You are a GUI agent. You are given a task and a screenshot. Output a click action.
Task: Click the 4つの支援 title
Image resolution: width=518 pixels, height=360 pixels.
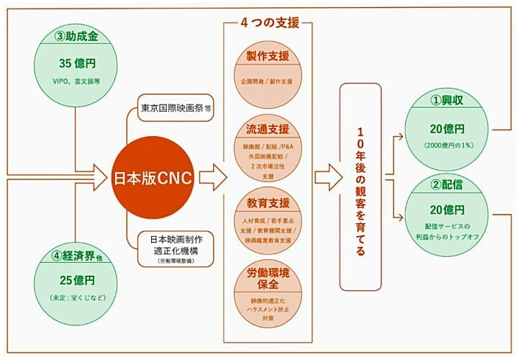pos(268,22)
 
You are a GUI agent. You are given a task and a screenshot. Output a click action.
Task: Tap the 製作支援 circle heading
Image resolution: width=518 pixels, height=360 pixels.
pos(267,56)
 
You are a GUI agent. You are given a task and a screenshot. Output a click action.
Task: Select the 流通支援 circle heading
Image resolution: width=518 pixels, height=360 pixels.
pos(267,130)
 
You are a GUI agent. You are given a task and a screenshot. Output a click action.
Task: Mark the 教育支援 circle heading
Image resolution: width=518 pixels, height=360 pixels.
pos(267,203)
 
